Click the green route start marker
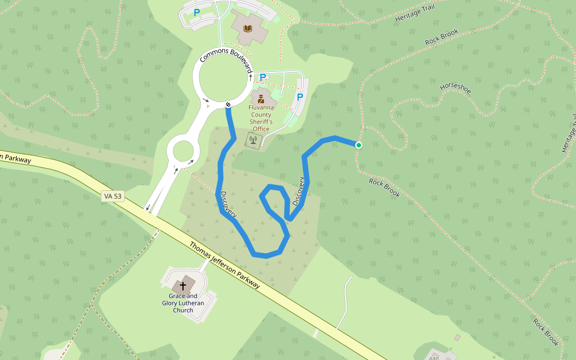(359, 145)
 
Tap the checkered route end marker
(229, 106)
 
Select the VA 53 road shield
(113, 196)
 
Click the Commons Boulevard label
(226, 61)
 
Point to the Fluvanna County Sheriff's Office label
(261, 115)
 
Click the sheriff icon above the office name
(261, 98)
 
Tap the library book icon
(247, 28)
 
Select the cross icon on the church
(183, 286)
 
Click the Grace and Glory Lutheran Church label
(183, 303)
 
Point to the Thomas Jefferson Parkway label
(225, 265)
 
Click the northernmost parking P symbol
(196, 12)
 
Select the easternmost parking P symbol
(300, 97)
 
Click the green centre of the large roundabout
(223, 77)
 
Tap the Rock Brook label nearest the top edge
(442, 37)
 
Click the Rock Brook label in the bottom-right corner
(545, 332)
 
